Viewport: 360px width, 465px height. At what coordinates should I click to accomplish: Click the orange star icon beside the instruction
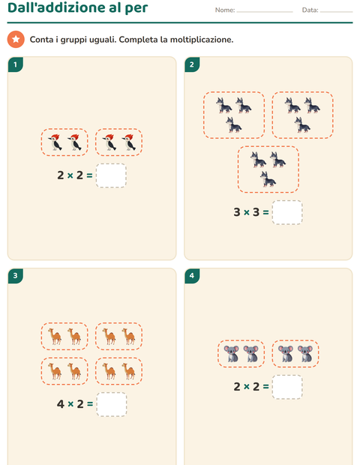tap(16, 39)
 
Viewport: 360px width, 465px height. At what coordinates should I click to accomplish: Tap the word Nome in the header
tap(224, 10)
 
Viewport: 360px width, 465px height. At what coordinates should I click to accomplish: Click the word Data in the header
tap(309, 10)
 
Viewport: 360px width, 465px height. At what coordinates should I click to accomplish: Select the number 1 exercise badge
tap(16, 64)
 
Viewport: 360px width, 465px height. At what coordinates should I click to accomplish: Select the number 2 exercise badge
tap(192, 64)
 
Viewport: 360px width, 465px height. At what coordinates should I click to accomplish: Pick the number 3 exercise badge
tap(16, 276)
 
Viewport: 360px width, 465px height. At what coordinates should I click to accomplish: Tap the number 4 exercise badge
tap(192, 276)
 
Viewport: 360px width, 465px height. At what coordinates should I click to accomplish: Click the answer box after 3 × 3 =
tap(287, 212)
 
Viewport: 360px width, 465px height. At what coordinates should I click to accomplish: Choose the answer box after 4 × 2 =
tap(112, 404)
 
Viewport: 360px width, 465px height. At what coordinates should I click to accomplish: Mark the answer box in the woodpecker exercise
tap(111, 175)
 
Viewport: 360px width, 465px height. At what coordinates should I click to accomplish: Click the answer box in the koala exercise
tap(287, 387)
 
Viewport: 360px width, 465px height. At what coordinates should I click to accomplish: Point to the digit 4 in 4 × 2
tap(61, 404)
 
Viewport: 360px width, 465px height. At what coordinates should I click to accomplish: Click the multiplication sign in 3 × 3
tap(247, 212)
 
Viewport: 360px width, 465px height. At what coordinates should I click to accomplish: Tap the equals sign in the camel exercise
tap(90, 404)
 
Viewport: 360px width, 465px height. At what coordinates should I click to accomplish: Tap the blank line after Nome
tap(265, 12)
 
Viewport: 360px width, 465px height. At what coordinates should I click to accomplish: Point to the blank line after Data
tap(336, 12)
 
